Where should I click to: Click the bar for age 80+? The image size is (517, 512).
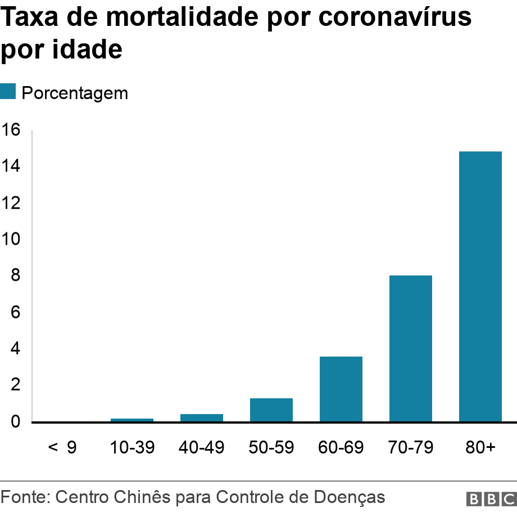point(480,286)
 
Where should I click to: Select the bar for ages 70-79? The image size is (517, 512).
point(410,348)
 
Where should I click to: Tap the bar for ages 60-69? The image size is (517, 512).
point(341,389)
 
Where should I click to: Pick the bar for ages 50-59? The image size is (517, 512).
point(271,410)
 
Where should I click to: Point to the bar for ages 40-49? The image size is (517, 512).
point(201,417)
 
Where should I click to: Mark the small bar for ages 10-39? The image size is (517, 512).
point(131,420)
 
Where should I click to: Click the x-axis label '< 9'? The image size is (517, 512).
point(62,448)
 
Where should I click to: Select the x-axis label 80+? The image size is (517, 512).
point(480,448)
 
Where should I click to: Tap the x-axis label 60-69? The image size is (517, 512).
point(341,448)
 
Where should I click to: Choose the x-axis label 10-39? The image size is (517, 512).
point(131,448)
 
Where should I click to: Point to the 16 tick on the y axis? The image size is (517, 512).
point(11,130)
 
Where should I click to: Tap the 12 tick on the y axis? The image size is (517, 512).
point(11,203)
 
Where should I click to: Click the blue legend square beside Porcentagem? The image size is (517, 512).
point(8,92)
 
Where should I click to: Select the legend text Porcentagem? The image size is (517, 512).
point(75,93)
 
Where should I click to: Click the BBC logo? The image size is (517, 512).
point(491,498)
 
